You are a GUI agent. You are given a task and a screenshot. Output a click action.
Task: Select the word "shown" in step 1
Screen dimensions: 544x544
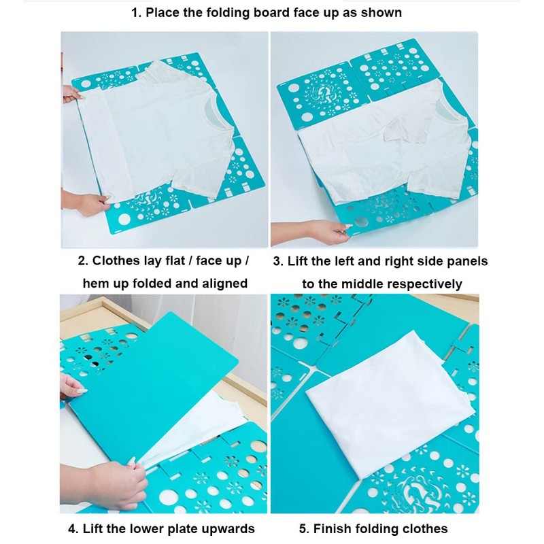tap(382, 13)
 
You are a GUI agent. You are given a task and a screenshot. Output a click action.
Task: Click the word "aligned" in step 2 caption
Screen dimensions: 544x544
tap(217, 284)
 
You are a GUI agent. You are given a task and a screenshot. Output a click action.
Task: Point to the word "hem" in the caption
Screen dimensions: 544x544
tap(98, 284)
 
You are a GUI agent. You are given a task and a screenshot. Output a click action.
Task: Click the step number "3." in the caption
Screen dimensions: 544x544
tap(277, 261)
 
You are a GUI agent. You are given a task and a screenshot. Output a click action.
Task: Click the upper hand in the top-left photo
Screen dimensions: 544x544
tap(71, 94)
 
